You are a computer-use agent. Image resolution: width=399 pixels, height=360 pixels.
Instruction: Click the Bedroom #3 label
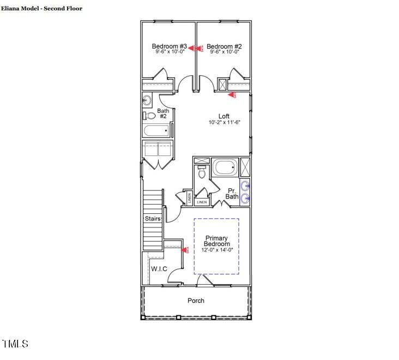pyautogui.click(x=170, y=46)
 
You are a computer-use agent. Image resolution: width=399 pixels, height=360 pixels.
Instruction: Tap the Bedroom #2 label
pyautogui.click(x=224, y=46)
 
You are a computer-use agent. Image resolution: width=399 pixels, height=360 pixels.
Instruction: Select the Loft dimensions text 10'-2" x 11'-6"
pyautogui.click(x=224, y=123)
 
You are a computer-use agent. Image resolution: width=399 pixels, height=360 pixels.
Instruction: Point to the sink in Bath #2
pyautogui.click(x=147, y=100)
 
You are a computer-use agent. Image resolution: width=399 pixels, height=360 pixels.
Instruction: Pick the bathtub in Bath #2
pyautogui.click(x=156, y=131)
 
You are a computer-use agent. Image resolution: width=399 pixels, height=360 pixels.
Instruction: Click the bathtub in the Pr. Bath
pyautogui.click(x=225, y=166)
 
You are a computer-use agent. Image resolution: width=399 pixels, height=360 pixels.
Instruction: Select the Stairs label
pyautogui.click(x=153, y=219)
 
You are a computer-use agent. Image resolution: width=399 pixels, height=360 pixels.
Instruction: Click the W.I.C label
pyautogui.click(x=159, y=268)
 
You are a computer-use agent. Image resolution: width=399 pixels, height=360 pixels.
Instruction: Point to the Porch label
pyautogui.click(x=196, y=301)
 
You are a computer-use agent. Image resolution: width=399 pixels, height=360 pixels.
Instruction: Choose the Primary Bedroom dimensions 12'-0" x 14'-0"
pyautogui.click(x=217, y=250)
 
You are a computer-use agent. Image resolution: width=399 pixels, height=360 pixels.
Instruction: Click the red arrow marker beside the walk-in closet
pyautogui.click(x=185, y=250)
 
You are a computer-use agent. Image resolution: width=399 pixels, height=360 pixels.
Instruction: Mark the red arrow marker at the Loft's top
pyautogui.click(x=232, y=95)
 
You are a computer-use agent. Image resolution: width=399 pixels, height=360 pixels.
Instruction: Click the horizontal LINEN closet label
pyautogui.click(x=202, y=202)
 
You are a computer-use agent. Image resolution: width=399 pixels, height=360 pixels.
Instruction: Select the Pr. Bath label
pyautogui.click(x=232, y=193)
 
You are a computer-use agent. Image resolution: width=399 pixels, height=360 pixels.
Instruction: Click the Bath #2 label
pyautogui.click(x=163, y=113)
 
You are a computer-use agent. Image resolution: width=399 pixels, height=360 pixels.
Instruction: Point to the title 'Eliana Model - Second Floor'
pyautogui.click(x=42, y=9)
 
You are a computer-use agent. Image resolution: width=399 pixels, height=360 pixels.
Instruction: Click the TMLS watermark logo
pyautogui.click(x=15, y=344)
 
